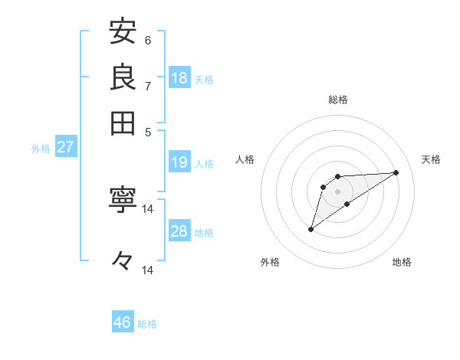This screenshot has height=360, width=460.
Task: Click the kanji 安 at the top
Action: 123,32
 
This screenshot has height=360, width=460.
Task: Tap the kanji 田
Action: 123,122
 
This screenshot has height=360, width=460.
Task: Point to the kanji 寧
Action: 123,202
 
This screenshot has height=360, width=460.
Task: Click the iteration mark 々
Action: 123,261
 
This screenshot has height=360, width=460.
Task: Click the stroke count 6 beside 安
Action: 148,41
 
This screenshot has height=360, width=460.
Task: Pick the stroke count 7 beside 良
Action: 148,86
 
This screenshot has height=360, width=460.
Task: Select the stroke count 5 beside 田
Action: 149,131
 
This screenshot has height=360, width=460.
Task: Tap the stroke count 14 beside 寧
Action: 148,209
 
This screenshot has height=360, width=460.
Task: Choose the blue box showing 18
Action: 179,78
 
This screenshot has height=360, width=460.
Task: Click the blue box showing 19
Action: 179,162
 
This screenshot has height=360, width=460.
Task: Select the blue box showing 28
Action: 179,231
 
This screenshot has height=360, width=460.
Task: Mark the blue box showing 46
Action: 123,322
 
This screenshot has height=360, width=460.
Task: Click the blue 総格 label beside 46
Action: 147,324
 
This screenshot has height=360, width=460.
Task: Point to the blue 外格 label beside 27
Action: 41,149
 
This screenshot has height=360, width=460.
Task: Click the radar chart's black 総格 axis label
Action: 337,100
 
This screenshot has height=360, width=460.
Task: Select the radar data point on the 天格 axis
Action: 396,172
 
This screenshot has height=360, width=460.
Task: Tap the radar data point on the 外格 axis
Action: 311,228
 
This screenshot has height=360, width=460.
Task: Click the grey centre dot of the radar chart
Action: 338,191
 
